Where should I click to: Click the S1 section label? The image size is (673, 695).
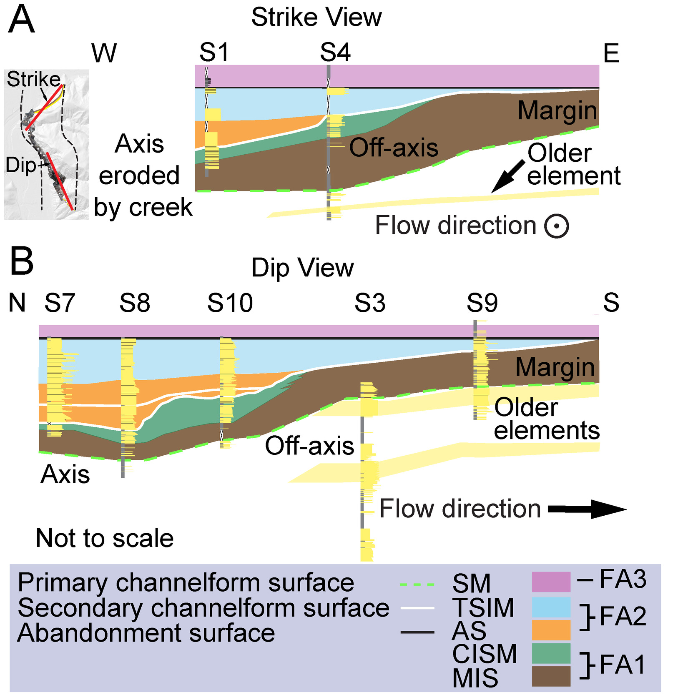coord(214,53)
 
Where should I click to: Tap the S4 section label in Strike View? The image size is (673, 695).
coord(335,53)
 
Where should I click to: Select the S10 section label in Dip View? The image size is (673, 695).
coord(230,303)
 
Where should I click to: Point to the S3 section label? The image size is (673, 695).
coord(370,303)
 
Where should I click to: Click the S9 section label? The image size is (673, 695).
coord(482,303)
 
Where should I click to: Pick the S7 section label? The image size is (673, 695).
coord(60,303)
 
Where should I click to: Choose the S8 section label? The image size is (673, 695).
coord(135,303)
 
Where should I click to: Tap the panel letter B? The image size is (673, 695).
coord(21,261)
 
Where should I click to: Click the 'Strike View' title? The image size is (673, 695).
coord(316,18)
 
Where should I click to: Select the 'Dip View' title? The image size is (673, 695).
coord(302,268)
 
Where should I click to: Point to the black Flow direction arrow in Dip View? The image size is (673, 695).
coord(587,509)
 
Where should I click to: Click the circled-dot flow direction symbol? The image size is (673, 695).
coord(557,226)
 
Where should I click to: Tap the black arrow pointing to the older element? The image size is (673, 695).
coord(508,176)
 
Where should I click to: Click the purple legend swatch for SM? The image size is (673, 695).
coord(551,582)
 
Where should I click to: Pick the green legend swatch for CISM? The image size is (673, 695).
coord(551,653)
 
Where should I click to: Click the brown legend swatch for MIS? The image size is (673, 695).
coord(551,676)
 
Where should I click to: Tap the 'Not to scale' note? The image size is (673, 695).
coord(105,538)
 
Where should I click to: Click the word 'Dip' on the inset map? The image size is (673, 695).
coord(21,165)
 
